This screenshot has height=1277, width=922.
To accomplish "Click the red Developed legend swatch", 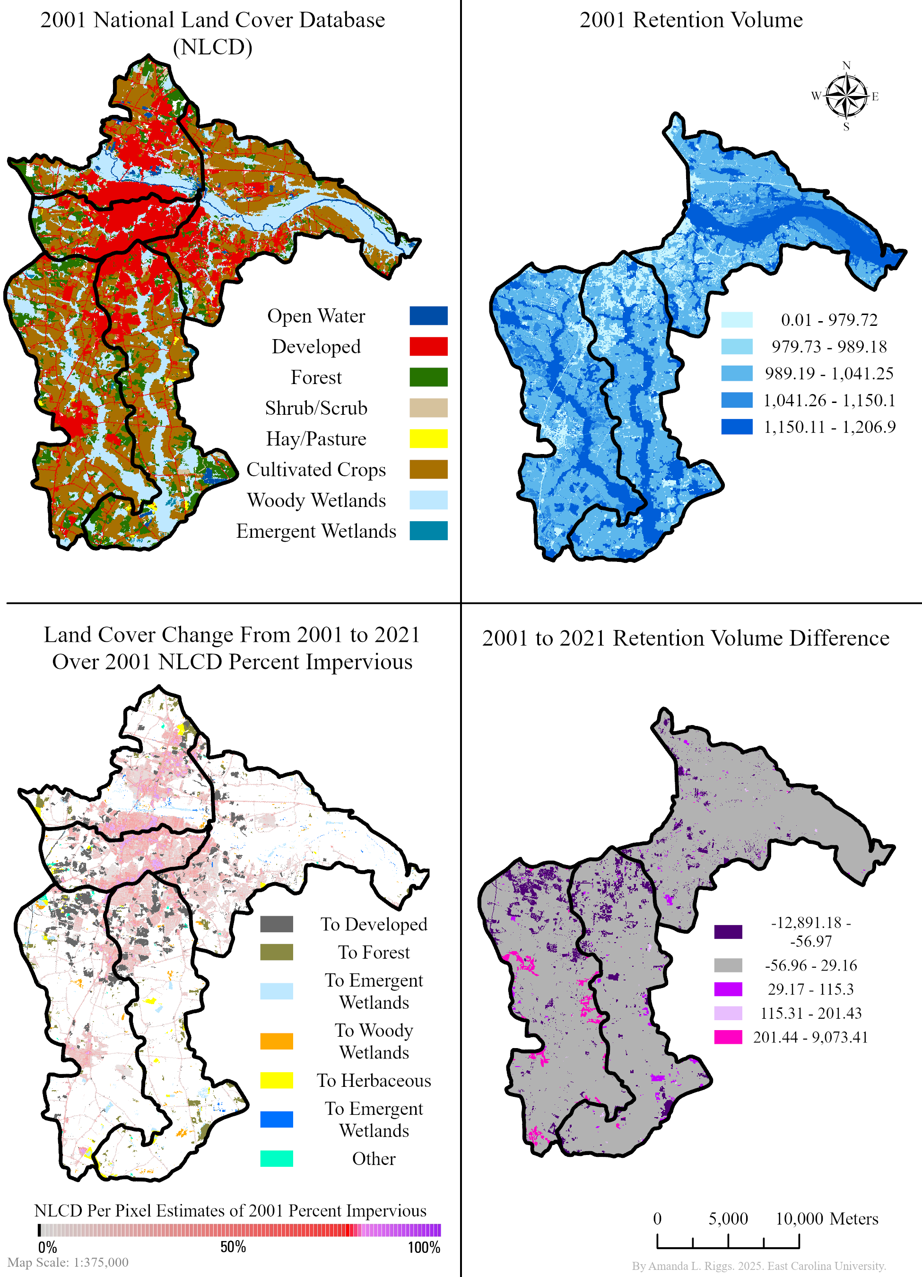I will tap(428, 346).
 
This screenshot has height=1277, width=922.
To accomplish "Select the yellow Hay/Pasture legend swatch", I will tap(428, 438).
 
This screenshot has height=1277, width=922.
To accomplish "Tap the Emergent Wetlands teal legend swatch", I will tap(428, 530).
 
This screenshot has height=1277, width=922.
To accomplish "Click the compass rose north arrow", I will tap(846, 96).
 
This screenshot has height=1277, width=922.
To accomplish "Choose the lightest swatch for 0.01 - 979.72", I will tap(736, 320).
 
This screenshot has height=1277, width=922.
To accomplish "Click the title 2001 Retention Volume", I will tap(691, 20).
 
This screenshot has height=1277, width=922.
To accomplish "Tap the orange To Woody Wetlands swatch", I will tap(277, 1041).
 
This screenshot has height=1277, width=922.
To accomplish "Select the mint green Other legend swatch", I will tap(277, 1158).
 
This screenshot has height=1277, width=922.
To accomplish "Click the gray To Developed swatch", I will tap(277, 924).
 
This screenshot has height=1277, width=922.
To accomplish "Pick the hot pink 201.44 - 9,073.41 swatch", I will tap(728, 1037).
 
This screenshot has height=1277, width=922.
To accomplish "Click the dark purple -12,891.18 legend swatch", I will tap(728, 932).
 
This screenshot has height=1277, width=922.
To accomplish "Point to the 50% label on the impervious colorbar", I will tap(233, 1247).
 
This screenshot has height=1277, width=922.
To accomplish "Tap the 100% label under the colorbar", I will tap(423, 1247).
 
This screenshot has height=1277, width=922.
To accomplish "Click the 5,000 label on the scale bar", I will tap(728, 1218).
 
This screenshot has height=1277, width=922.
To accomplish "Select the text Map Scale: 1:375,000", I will tap(68, 1262).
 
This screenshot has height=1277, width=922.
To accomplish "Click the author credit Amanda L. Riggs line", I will tap(758, 1266).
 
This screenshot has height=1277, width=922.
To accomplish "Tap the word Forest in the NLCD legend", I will tap(316, 377).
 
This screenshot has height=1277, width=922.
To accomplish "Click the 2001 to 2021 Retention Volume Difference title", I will tap(685, 638).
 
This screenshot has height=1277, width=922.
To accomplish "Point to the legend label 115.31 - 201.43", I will tap(810, 1013).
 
